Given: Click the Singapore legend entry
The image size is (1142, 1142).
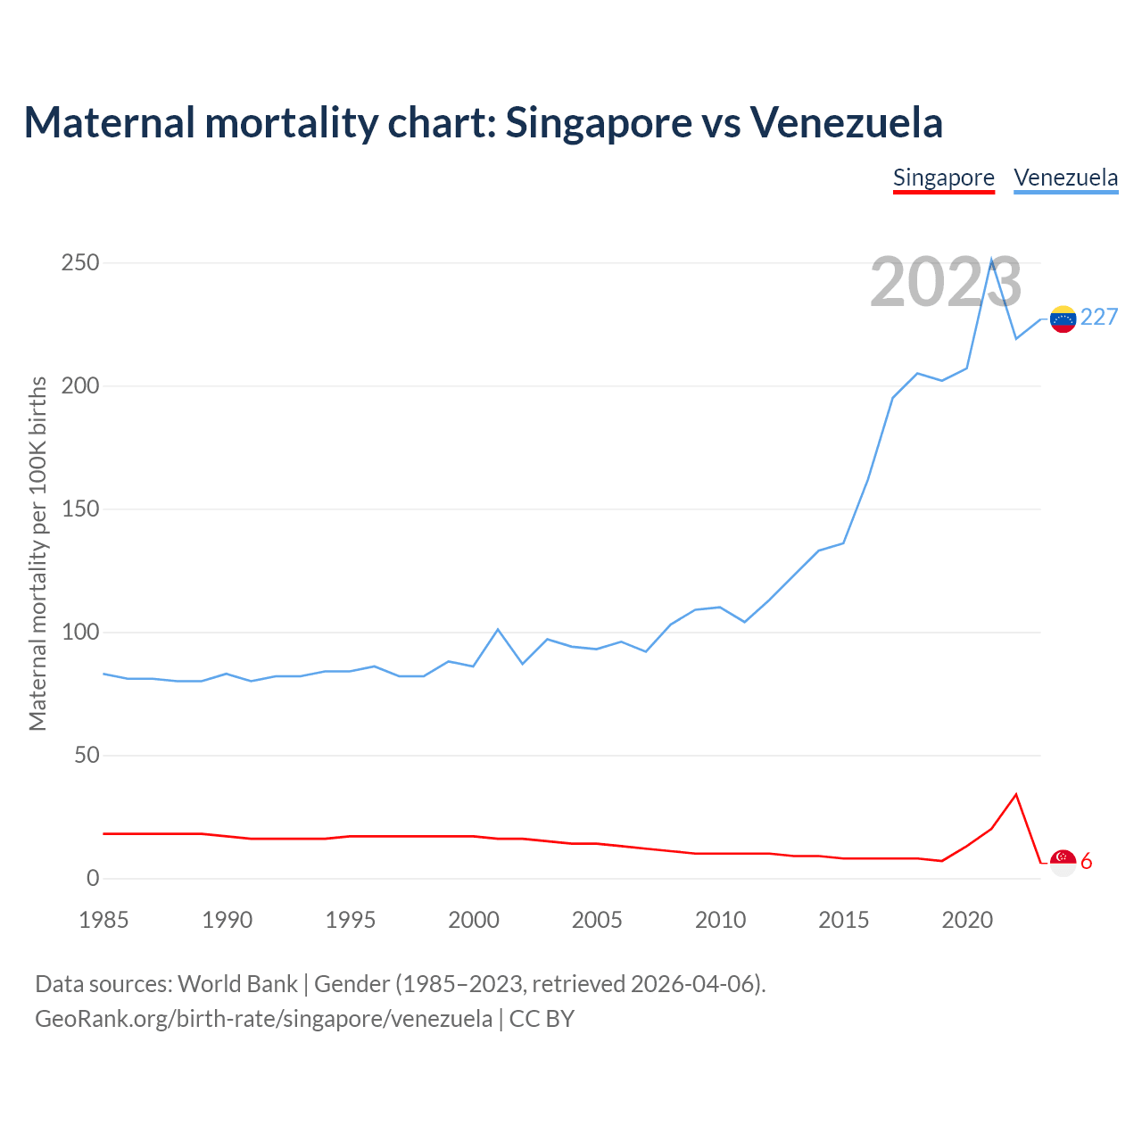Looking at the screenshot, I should [x=943, y=178].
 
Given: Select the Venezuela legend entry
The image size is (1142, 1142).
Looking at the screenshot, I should [x=1065, y=178].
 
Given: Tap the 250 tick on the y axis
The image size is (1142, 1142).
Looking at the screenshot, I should [x=80, y=263].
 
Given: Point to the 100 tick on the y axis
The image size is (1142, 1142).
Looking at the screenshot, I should [x=80, y=633].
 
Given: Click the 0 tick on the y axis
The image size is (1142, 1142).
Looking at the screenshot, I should [x=93, y=879].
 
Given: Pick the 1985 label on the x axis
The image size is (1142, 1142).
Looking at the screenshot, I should [x=103, y=920].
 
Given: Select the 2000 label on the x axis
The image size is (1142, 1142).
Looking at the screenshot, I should [x=474, y=920].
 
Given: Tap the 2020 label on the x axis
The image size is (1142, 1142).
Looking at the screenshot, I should [x=967, y=920].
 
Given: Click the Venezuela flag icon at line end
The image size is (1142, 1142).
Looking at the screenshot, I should [x=1063, y=319].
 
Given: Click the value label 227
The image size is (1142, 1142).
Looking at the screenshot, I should [x=1099, y=318].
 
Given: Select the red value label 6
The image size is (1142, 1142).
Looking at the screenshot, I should [x=1087, y=862].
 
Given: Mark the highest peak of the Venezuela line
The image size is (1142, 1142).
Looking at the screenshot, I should [x=991, y=260].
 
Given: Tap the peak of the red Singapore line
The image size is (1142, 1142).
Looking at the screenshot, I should [x=1016, y=794].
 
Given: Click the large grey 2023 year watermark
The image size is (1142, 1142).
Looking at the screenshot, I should [x=946, y=282].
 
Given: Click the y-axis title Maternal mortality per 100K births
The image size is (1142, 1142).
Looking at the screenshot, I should [x=37, y=553].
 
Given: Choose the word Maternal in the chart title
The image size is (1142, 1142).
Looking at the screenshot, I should [x=109, y=122].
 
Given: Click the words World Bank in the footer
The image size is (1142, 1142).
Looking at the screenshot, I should [x=237, y=984].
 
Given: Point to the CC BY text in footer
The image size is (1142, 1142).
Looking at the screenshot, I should [x=542, y=1019].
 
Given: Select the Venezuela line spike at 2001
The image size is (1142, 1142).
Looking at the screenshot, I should [x=498, y=630].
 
